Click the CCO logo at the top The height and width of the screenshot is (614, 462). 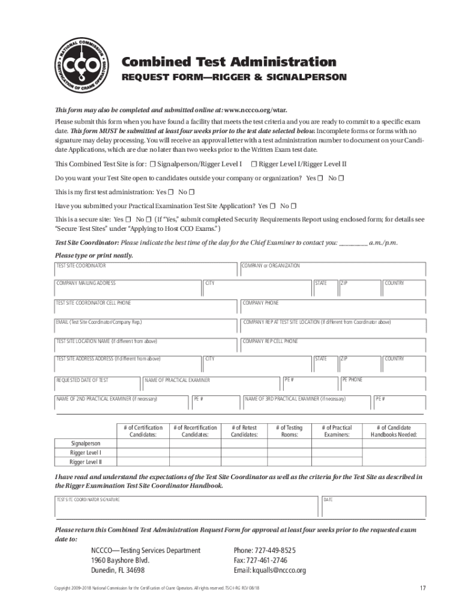click(x=80, y=67)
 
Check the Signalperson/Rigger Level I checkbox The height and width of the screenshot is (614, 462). click(x=153, y=164)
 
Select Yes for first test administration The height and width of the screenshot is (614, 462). click(x=171, y=192)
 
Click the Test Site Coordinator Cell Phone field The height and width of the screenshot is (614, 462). click(x=146, y=308)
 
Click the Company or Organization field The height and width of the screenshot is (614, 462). click(x=333, y=270)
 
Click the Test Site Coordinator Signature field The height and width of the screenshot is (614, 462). click(x=186, y=507)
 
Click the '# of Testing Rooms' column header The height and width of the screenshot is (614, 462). click(x=289, y=431)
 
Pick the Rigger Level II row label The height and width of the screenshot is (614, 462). click(x=86, y=462)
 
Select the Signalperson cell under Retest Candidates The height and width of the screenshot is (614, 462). click(x=244, y=443)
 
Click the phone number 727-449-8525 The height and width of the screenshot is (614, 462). click(x=264, y=550)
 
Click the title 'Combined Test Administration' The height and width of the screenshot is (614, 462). click(x=229, y=62)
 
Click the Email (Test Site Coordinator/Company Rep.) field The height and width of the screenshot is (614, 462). click(x=146, y=327)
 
